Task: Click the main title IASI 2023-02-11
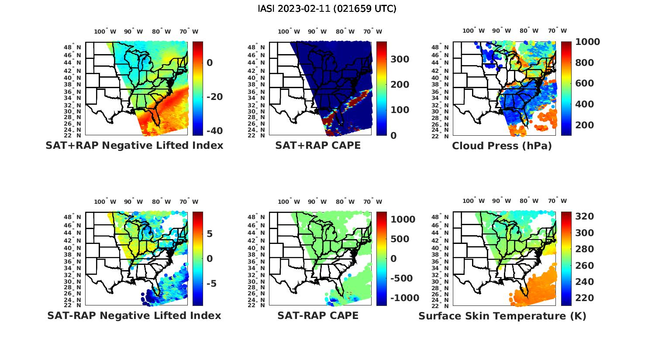pyautogui.click(x=327, y=9)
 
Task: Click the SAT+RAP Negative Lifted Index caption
pyautogui.click(x=134, y=145)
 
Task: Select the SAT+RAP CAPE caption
pyautogui.click(x=318, y=145)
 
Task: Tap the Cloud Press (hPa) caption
pyautogui.click(x=502, y=146)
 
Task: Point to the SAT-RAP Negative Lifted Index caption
pyautogui.click(x=134, y=315)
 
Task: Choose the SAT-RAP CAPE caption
pyautogui.click(x=318, y=315)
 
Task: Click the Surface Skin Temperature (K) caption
pyautogui.click(x=502, y=316)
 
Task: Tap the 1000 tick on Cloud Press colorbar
pyautogui.click(x=587, y=42)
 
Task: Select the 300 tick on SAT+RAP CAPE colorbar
pyautogui.click(x=400, y=59)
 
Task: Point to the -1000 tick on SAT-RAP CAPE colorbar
pyautogui.click(x=404, y=298)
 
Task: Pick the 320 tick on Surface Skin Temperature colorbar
pyautogui.click(x=584, y=216)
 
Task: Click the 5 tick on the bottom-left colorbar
pyautogui.click(x=210, y=234)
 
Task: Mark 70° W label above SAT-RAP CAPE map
pyautogui.click(x=372, y=202)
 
